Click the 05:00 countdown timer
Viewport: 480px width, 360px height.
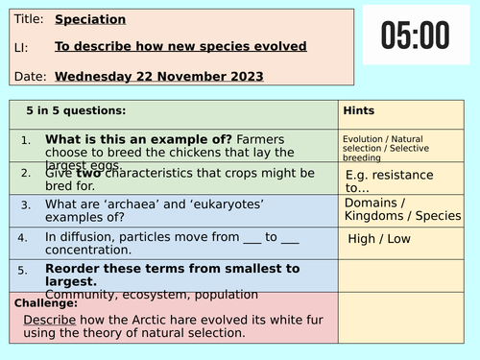tap(415, 36)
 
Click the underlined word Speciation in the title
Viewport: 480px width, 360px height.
tap(90, 19)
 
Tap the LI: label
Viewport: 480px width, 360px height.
tap(23, 47)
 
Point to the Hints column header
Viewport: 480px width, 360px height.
tap(358, 110)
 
